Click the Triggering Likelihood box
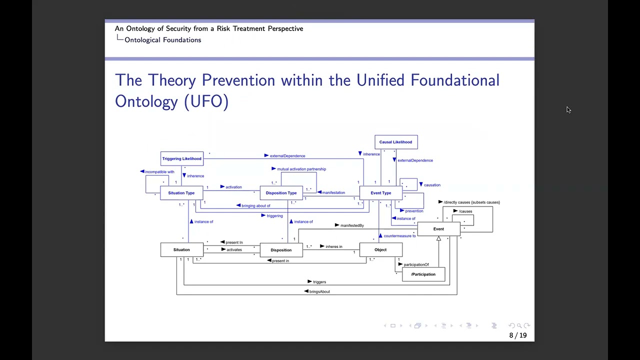pyautogui.click(x=181, y=159)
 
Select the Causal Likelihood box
pyautogui.click(x=395, y=142)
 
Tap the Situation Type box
pyautogui.click(x=181, y=193)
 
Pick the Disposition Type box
pyautogui.click(x=281, y=193)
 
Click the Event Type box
pyautogui.click(x=380, y=193)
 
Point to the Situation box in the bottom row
pyautogui.click(x=181, y=250)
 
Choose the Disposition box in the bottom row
pyautogui.click(x=281, y=250)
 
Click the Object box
pyautogui.click(x=380, y=250)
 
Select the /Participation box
pyautogui.click(x=423, y=274)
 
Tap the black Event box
pyautogui.click(x=438, y=229)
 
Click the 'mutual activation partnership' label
pyautogui.click(x=301, y=169)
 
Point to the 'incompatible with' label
pyautogui.click(x=159, y=172)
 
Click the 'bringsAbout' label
pyautogui.click(x=319, y=291)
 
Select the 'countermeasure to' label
pyautogui.click(x=399, y=236)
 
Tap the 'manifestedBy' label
pyautogui.click(x=352, y=225)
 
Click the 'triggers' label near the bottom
pyautogui.click(x=319, y=282)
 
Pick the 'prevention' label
pyautogui.click(x=414, y=211)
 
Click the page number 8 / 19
pyautogui.click(x=517, y=335)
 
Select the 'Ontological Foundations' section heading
pyautogui.click(x=162, y=40)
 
